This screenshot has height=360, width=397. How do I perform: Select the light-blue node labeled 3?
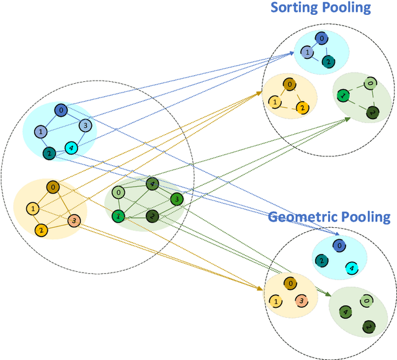click(x=86, y=126)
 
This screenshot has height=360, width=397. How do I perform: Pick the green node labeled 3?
click(x=177, y=199)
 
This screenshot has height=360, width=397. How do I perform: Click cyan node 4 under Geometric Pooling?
click(x=350, y=268)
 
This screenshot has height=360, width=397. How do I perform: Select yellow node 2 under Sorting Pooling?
click(x=301, y=108)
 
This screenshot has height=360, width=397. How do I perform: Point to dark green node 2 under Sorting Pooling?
click(x=372, y=112)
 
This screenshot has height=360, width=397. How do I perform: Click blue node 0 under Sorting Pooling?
click(x=321, y=38)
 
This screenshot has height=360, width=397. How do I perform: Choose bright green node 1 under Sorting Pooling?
click(x=342, y=96)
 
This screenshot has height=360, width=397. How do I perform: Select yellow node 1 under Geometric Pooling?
click(x=274, y=301)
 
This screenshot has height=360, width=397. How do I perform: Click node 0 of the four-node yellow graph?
click(x=53, y=187)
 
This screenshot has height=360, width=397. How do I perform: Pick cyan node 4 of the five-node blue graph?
click(x=71, y=148)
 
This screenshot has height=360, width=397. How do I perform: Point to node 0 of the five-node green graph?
click(x=120, y=192)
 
